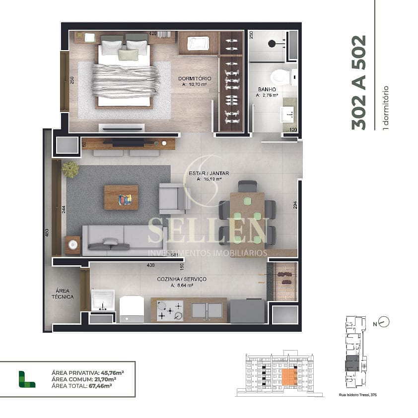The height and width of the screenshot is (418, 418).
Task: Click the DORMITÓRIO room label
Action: pos(195,79)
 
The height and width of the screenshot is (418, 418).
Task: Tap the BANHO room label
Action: pos(267,89)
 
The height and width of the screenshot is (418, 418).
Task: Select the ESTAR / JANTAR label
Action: pos(209,173)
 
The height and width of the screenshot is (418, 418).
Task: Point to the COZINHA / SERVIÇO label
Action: pos(182,279)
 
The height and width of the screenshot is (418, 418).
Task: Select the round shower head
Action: pos(272,43)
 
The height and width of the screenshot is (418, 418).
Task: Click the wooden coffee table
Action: pos(121,197)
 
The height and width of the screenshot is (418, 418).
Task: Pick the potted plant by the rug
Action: pos(70,169)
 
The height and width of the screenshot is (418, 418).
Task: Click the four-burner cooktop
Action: pos(170,311)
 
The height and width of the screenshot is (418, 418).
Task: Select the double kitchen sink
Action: pos(207,310)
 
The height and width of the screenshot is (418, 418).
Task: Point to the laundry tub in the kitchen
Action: pos(103,300)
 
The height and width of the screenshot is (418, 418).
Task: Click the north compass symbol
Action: pos(383,322)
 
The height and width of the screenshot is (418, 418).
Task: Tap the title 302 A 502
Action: pos(358,82)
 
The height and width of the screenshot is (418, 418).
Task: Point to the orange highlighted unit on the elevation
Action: pos(289,377)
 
